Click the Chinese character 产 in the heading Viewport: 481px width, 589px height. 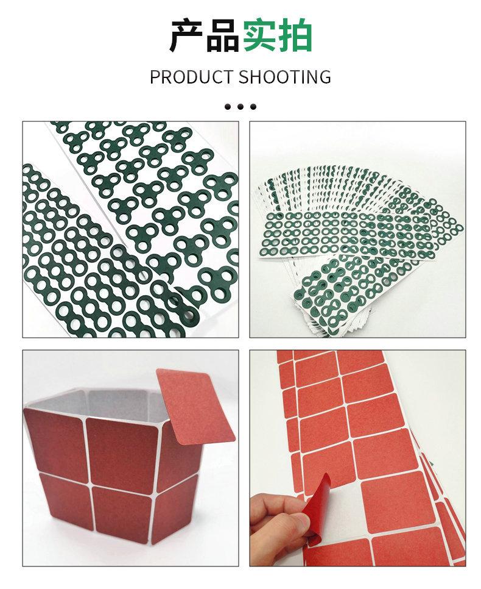point(186,36)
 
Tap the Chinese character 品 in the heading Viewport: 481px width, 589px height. point(222,36)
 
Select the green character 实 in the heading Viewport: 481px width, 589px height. point(259,36)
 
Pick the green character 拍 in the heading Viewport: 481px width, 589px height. point(295,36)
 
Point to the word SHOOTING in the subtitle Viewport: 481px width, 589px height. point(285,77)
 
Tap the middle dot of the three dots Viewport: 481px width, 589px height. point(240,107)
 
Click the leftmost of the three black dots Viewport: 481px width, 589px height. point(228,107)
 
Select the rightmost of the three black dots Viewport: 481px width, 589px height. point(253,107)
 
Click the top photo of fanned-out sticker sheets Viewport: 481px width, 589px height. point(358,229)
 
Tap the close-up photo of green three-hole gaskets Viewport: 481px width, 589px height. point(130,229)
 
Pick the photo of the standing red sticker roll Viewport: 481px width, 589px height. point(130,458)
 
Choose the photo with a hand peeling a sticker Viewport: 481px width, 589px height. point(358,458)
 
